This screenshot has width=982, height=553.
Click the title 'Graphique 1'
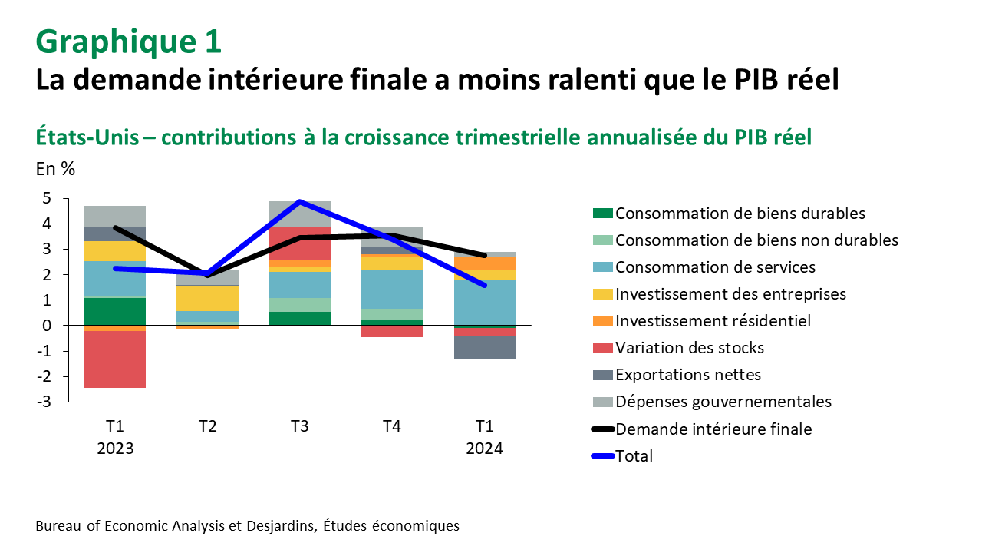coord(129,41)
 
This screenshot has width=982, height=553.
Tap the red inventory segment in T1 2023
coord(115,359)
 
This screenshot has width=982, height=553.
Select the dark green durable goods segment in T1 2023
coord(115,311)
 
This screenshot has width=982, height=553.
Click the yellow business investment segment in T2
coord(207,298)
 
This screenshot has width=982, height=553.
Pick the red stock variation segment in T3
coord(299,243)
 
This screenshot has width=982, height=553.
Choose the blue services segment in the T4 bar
coord(392,289)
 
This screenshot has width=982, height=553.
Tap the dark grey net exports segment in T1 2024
coord(484,347)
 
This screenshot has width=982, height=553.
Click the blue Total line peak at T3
coord(299,202)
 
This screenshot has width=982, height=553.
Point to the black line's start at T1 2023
coord(115,228)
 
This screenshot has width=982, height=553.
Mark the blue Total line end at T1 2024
coord(484,285)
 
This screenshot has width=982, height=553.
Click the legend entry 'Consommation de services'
coord(715,267)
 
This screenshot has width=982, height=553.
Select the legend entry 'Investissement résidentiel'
coord(713,321)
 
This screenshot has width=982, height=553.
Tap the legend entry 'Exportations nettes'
coord(688,375)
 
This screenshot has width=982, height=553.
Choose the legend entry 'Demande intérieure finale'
coord(713,429)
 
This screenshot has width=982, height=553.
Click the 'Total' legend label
coord(634,455)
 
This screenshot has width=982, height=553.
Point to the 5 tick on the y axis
coord(47,199)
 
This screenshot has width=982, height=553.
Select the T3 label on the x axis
coord(299,427)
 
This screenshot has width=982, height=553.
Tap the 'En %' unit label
coord(55,169)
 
